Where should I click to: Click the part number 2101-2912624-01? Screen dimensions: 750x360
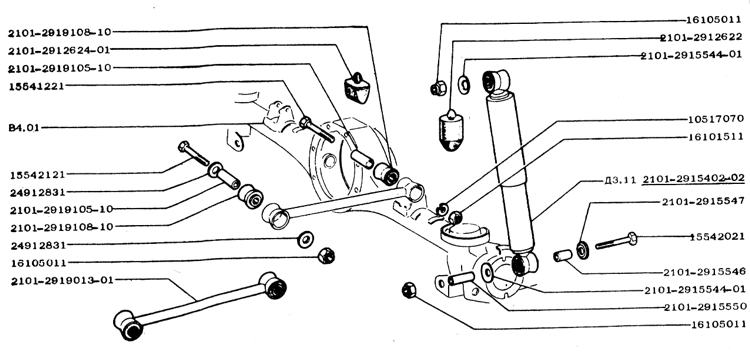59,49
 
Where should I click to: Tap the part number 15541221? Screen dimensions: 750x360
37,87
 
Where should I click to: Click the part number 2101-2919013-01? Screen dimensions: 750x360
63,280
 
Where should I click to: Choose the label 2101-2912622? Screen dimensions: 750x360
702,38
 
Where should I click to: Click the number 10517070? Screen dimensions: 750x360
716,118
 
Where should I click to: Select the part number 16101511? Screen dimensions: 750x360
716,137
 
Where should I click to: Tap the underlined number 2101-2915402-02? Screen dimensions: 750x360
694,179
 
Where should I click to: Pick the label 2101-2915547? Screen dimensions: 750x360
703,201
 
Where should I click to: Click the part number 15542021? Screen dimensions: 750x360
717,237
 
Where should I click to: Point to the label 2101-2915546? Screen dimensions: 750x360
705,272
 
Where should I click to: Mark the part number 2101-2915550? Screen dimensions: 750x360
705,307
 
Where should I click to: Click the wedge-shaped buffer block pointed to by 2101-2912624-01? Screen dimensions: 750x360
357,88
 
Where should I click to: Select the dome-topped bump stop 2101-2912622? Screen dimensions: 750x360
451,131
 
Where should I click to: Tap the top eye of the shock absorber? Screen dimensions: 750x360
495,80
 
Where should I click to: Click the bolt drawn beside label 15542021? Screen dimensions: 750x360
617,240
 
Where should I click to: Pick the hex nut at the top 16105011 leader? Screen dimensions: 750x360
438,88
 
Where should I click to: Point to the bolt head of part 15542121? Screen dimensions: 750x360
184,146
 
